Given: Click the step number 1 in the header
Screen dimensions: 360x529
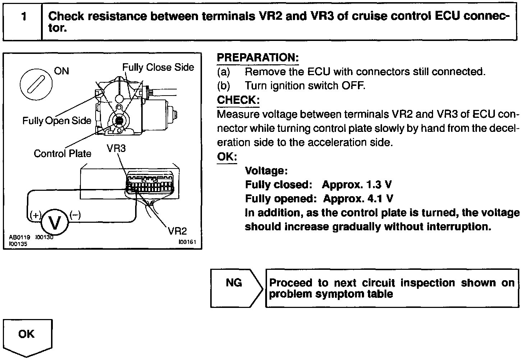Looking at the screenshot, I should click(23, 17).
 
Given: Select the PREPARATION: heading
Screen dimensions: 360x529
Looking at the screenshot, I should click(258, 57).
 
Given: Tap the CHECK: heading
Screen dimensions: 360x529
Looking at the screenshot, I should click(238, 100).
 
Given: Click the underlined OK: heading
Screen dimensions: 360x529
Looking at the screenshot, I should click(227, 157).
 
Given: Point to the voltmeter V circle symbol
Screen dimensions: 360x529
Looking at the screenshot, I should click(55, 222).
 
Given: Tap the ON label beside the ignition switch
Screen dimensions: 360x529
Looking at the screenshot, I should click(61, 71).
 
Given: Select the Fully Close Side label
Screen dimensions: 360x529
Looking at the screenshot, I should click(158, 67).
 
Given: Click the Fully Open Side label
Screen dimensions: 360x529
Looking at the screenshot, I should click(57, 121).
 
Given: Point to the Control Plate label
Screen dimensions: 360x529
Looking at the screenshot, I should click(63, 153).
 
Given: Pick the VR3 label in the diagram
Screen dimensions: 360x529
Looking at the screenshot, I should click(116, 148).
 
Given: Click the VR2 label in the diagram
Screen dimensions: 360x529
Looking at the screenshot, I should click(178, 231).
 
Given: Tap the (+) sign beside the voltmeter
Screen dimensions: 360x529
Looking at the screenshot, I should click(36, 215).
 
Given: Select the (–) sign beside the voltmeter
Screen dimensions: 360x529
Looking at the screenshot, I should click(75, 215).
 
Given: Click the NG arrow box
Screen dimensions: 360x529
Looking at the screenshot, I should click(235, 288).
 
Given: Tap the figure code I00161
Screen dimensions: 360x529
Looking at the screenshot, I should click(187, 242).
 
